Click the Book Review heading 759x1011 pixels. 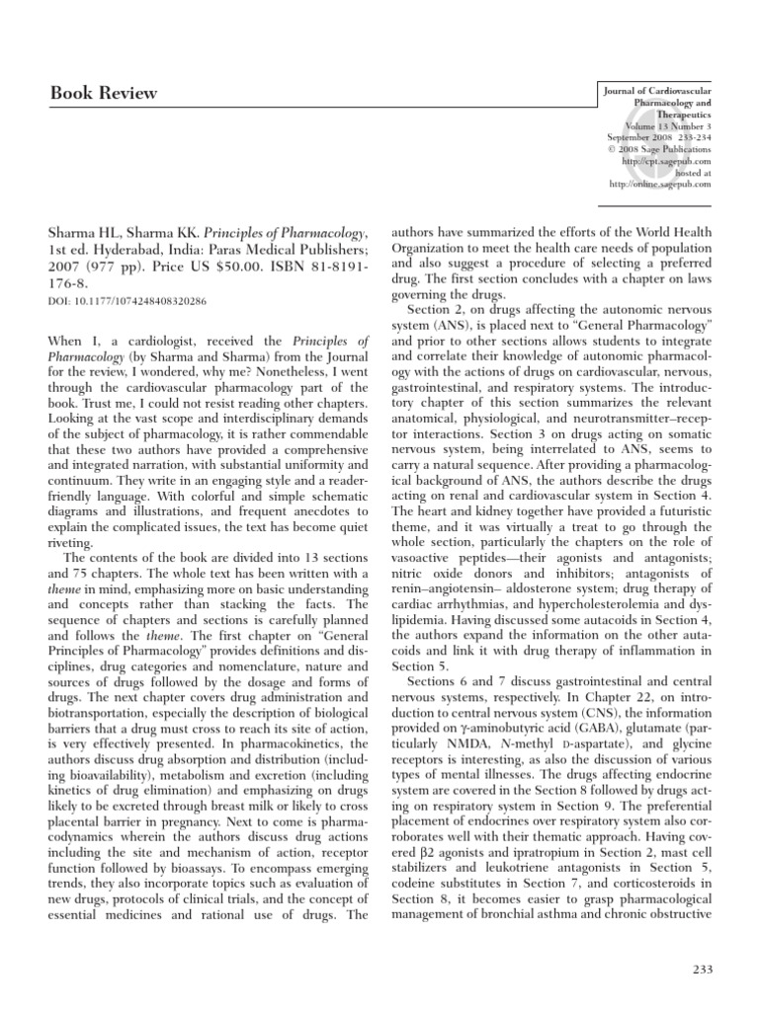pos(104,94)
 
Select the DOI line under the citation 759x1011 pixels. pos(128,301)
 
